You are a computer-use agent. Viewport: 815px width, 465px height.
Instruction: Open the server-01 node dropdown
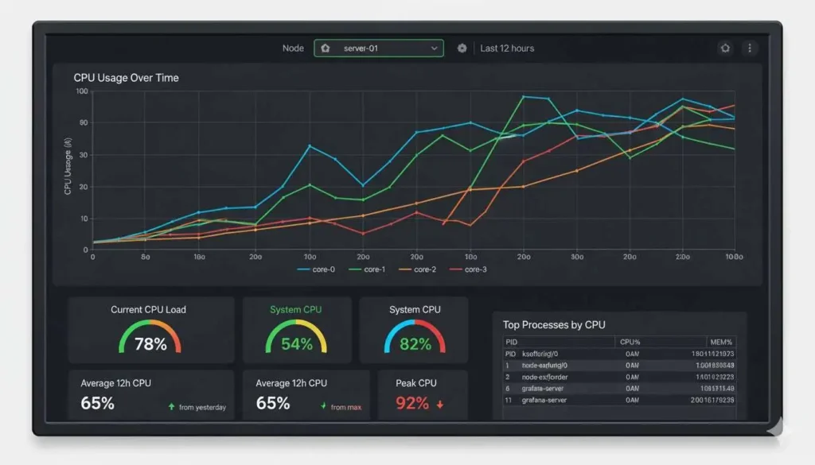tap(378, 48)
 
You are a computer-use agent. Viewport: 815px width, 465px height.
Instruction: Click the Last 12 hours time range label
tap(507, 48)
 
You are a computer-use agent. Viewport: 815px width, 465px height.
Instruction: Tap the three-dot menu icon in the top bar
tap(749, 48)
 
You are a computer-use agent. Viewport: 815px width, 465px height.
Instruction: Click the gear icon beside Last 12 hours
tap(462, 48)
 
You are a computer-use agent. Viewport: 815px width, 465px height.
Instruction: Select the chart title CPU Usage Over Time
tap(126, 78)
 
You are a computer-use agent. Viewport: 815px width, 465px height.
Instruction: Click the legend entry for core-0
tap(317, 269)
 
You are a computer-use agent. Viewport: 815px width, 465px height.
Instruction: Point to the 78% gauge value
tap(150, 343)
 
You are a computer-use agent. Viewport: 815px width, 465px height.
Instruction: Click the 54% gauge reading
tap(297, 343)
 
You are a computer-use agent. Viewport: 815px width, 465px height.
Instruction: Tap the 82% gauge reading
tap(415, 343)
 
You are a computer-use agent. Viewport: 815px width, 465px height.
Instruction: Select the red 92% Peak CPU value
tap(412, 403)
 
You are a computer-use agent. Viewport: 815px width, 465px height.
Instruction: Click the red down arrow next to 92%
tap(439, 404)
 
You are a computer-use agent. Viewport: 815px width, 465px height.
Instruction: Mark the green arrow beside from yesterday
tap(171, 406)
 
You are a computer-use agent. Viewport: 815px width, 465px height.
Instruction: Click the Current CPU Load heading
tap(148, 309)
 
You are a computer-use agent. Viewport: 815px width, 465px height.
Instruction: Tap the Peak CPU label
tap(416, 383)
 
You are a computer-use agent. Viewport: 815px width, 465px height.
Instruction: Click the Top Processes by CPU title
tap(554, 324)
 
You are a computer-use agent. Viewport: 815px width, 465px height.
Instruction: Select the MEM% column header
tap(720, 342)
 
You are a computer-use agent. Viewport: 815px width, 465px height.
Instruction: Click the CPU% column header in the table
tap(630, 342)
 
